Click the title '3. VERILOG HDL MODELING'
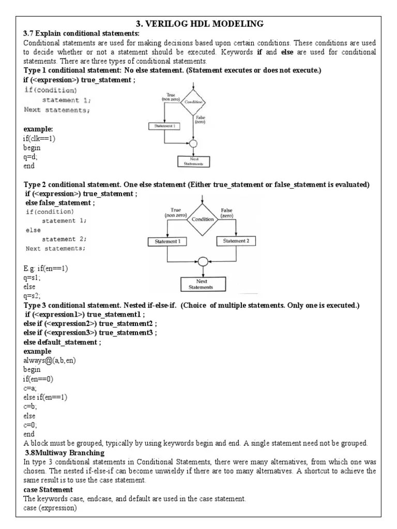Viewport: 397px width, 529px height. click(199, 24)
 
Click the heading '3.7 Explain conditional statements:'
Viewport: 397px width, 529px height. click(74, 34)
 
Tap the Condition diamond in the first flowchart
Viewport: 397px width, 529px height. click(193, 102)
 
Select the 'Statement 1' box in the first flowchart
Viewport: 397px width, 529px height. click(164, 126)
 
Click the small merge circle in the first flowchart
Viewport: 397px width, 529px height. click(193, 143)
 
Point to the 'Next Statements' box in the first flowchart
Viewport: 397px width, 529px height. click(193, 161)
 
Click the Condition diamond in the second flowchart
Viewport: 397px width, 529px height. click(203, 219)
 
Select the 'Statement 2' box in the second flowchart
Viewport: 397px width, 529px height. click(236, 241)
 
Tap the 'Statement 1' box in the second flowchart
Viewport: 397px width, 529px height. click(167, 241)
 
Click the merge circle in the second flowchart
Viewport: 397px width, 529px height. click(203, 262)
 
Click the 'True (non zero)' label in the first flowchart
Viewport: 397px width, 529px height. click(171, 98)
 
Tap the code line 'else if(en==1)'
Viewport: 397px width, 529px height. click(45, 397)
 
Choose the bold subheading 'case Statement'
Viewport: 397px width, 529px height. click(48, 489)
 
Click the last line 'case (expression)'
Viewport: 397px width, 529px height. click(50, 508)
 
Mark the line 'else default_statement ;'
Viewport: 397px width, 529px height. click(62, 342)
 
